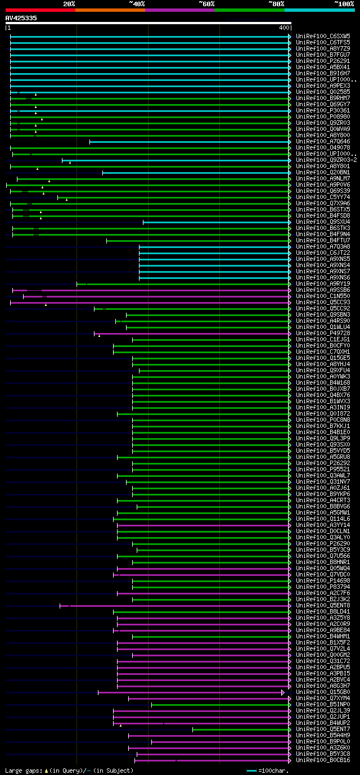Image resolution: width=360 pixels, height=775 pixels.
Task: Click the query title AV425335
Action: coord(21,18)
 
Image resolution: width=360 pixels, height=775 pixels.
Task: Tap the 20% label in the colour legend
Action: coord(69,4)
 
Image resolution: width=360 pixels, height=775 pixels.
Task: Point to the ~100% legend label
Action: coord(344,4)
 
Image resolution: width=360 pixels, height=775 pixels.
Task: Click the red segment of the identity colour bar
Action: coord(40,10)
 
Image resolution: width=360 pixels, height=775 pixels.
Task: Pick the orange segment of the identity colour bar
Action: coord(110,10)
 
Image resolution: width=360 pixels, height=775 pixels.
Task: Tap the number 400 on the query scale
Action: coord(283,28)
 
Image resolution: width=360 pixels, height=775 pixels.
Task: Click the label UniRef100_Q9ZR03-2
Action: coord(326,160)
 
